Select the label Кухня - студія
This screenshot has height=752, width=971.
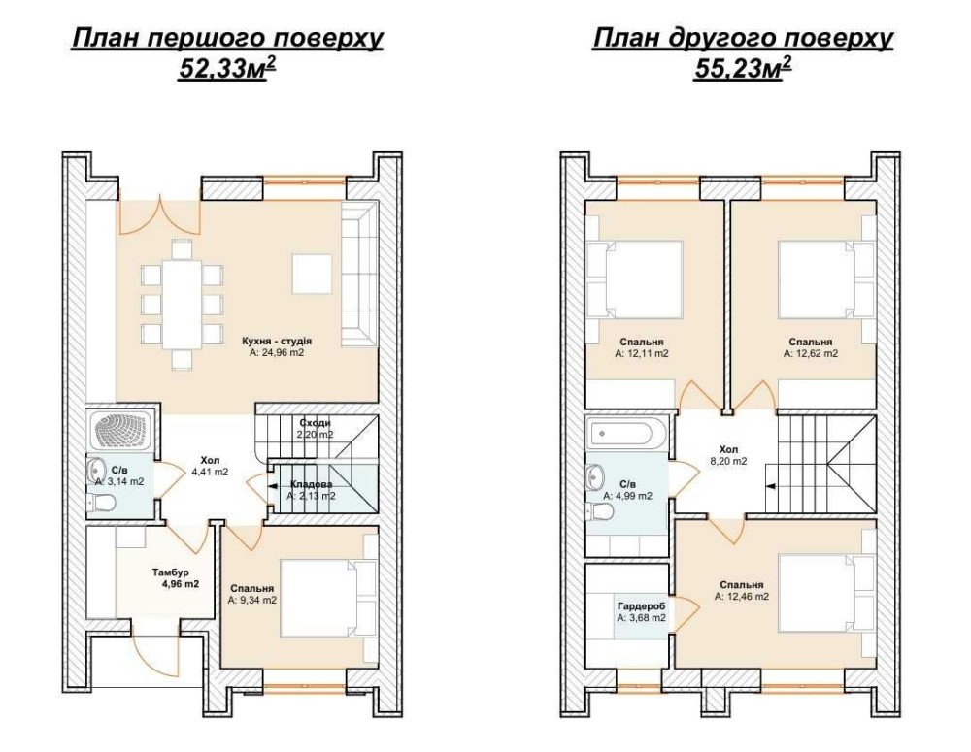click(x=276, y=341)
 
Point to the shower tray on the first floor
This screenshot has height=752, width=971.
click(x=123, y=431)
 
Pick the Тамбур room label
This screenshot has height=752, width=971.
click(x=171, y=572)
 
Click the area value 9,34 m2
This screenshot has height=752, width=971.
click(x=252, y=600)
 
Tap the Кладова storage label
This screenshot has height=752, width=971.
click(x=311, y=484)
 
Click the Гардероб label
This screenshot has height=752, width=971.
click(x=642, y=606)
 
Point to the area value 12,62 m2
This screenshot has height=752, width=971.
click(x=811, y=353)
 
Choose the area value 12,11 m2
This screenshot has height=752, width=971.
click(x=642, y=353)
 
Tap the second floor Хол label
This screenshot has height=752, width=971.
click(x=729, y=449)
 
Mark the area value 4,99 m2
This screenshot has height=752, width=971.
click(x=628, y=496)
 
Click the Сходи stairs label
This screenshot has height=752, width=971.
click(x=316, y=423)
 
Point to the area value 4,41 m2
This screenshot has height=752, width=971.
click(x=210, y=471)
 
